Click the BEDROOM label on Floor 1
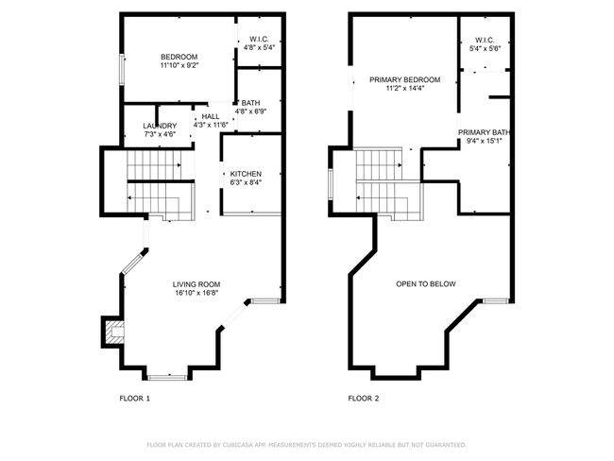(179, 57)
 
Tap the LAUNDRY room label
(160, 126)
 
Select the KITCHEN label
(246, 174)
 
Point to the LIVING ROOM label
(196, 284)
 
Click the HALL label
(211, 117)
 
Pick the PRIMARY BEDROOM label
(405, 80)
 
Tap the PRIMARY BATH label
(485, 132)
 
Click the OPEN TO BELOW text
(426, 284)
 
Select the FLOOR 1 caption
(135, 399)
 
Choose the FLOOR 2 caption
(364, 399)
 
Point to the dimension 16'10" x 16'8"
(196, 293)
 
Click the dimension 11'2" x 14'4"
(405, 89)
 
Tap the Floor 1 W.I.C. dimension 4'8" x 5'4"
(259, 47)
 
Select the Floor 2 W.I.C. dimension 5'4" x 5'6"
(486, 48)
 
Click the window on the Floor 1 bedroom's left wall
(122, 69)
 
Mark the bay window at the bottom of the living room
(167, 378)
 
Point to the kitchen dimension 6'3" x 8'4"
(246, 182)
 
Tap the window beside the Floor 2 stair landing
(331, 183)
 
